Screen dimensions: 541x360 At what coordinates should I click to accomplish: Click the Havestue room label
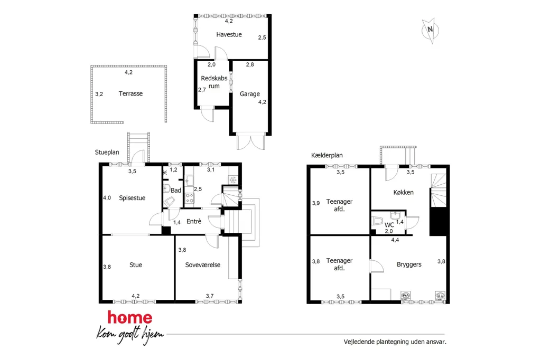tap(229, 34)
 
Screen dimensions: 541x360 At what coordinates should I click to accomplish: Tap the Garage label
tap(250, 94)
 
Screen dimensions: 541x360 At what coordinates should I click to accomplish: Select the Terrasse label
tap(130, 93)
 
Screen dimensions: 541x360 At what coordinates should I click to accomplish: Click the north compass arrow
tap(430, 31)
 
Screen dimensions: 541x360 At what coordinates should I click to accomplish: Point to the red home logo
tap(130, 317)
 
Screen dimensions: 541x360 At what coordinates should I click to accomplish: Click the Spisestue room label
tap(132, 198)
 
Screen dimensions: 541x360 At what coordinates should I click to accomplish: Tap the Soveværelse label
tap(202, 265)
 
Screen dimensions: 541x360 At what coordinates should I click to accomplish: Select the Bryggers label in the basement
tap(409, 264)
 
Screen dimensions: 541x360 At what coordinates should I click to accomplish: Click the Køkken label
tap(403, 193)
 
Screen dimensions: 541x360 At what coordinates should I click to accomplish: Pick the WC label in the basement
tap(389, 225)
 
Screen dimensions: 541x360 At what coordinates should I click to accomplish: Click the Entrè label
tap(193, 221)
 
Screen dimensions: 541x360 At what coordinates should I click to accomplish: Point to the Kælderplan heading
tap(327, 155)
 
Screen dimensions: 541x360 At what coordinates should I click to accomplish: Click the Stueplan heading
tap(107, 153)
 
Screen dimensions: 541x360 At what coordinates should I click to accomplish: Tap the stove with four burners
tap(190, 198)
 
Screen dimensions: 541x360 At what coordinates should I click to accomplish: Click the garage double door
tap(251, 141)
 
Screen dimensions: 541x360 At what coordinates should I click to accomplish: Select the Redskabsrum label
tap(214, 82)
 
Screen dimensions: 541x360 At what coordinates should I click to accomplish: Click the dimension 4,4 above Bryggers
tap(395, 240)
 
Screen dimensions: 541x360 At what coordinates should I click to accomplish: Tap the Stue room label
tap(136, 265)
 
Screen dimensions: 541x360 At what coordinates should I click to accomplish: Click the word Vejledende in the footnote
tap(359, 342)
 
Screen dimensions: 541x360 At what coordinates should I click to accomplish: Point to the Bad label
tap(176, 191)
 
